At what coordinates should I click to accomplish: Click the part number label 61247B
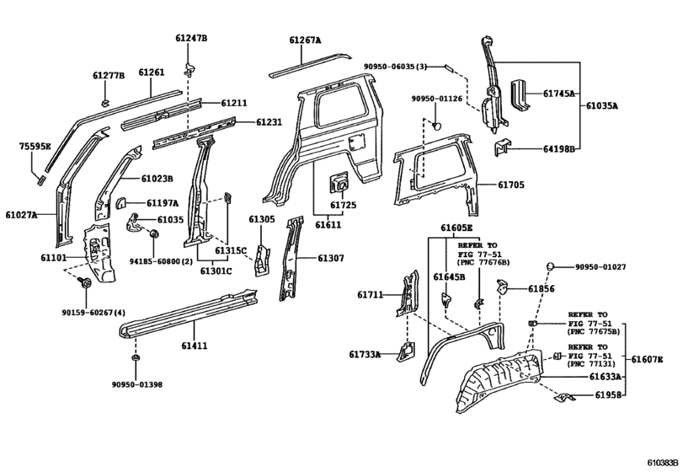[x=191, y=39]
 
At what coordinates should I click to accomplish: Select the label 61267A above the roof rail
[x=305, y=39]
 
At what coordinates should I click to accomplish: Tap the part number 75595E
[x=35, y=147]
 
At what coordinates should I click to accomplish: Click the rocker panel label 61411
[x=194, y=346]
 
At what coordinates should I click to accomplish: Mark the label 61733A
[x=365, y=355]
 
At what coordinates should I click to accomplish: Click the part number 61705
[x=510, y=185]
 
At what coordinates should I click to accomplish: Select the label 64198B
[x=558, y=149]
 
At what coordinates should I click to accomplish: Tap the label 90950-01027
[x=601, y=267]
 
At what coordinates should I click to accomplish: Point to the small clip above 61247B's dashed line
[x=190, y=61]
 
